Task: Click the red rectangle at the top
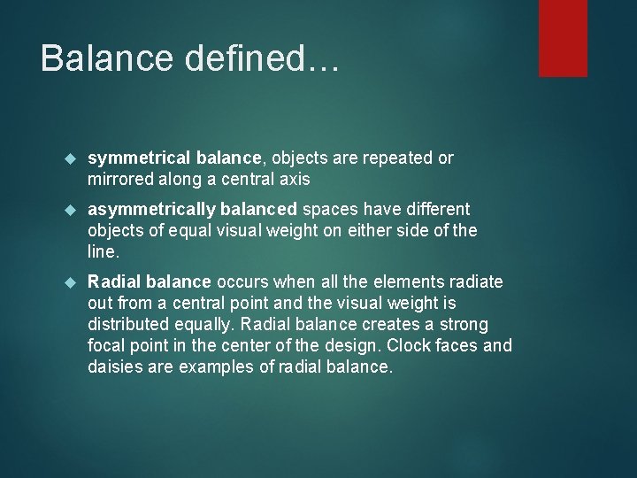coord(563,37)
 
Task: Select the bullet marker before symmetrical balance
coord(73,159)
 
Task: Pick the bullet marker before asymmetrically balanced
coord(73,211)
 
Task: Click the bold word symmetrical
coord(130,158)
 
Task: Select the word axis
coord(295,179)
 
